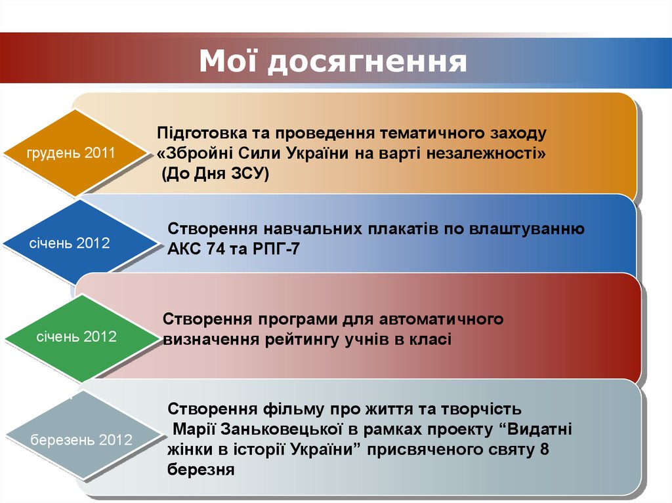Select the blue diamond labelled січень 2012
[x=70, y=243]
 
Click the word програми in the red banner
[x=298, y=319]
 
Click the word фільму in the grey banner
[x=293, y=410]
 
